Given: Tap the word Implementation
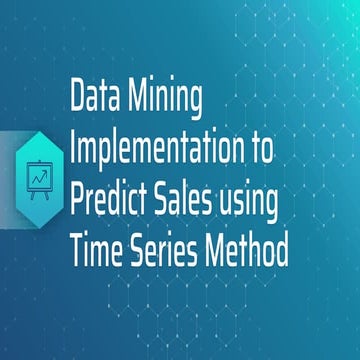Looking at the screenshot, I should [x=163, y=147].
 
